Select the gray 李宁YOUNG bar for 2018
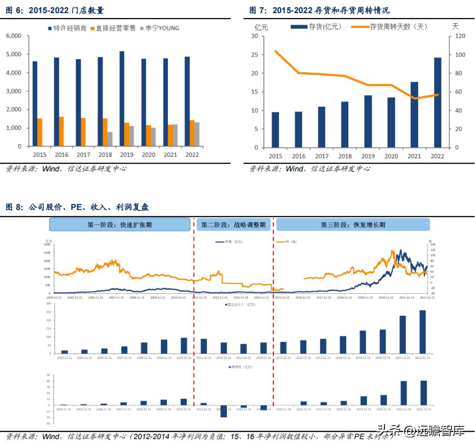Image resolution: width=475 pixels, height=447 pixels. (110, 139)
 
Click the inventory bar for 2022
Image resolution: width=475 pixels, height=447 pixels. (438, 102)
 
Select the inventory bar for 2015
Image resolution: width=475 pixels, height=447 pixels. (275, 130)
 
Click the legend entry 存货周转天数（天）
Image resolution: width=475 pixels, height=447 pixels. (390, 27)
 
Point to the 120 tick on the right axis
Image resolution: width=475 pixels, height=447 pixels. (458, 36)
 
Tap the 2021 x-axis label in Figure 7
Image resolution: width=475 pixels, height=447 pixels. (414, 156)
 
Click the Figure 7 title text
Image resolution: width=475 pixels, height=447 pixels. (319, 10)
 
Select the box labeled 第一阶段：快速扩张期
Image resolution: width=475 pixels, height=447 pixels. (120, 224)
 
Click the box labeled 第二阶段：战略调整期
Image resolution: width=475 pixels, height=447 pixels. (233, 224)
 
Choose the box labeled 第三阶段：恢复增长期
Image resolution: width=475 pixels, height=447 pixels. (353, 224)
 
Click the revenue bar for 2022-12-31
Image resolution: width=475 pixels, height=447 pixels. (423, 332)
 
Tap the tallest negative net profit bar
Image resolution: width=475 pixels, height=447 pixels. (223, 411)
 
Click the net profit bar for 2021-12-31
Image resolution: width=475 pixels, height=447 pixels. (403, 393)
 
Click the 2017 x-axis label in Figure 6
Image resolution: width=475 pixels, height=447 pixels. (83, 155)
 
